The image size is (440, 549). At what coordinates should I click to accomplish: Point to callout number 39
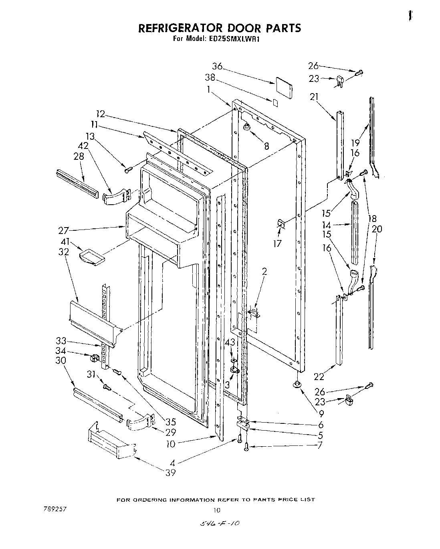click(x=171, y=473)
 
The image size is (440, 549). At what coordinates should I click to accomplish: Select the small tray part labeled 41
click(x=92, y=256)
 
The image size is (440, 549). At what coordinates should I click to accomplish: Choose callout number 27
click(x=63, y=231)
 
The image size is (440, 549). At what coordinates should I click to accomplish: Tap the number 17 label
click(x=277, y=243)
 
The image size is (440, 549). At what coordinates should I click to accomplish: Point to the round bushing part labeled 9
click(x=297, y=385)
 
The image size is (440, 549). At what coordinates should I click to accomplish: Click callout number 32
click(x=63, y=252)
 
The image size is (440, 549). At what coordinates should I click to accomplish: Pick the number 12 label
click(x=98, y=114)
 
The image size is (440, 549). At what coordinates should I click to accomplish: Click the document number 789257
click(x=55, y=508)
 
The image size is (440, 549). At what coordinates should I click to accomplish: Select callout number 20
click(x=377, y=229)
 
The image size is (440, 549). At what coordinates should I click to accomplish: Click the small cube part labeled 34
click(x=95, y=357)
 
